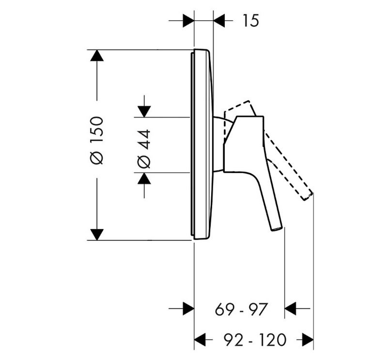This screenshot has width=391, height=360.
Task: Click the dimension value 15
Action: click(251, 20)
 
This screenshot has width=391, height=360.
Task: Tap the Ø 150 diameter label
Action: click(97, 141)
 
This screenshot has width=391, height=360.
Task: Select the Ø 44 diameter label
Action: click(144, 149)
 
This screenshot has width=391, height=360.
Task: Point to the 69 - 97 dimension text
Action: click(241, 309)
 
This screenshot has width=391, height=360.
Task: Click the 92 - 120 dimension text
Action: click(255, 340)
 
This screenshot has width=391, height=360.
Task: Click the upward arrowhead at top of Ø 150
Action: click(97, 55)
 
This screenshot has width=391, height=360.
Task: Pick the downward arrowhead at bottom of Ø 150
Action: click(97, 235)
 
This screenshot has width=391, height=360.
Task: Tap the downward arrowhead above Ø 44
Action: click(144, 112)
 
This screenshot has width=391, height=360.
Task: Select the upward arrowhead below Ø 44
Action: click(144, 178)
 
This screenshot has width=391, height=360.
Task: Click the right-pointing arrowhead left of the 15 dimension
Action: click(188, 20)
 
